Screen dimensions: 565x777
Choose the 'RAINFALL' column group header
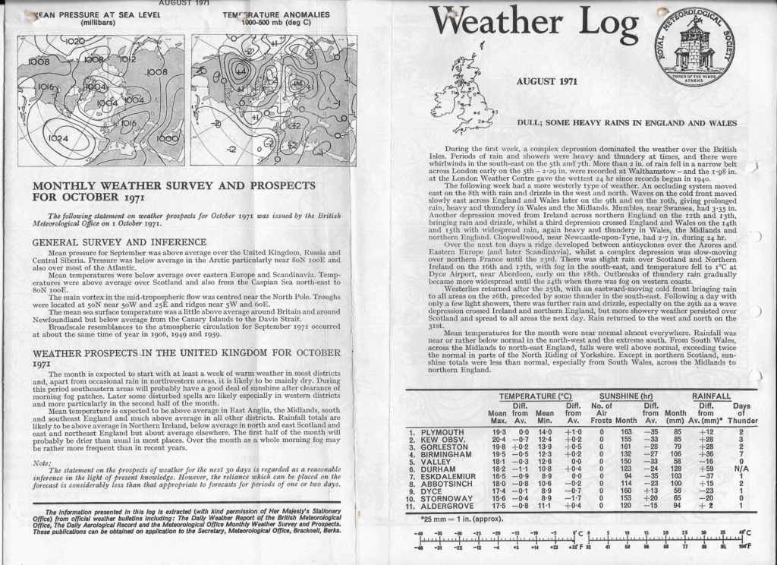(x=711, y=396)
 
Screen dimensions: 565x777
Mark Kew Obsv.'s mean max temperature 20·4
(x=499, y=441)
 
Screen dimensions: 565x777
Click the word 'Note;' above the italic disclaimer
(x=42, y=462)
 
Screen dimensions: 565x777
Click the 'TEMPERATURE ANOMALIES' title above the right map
(x=276, y=14)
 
